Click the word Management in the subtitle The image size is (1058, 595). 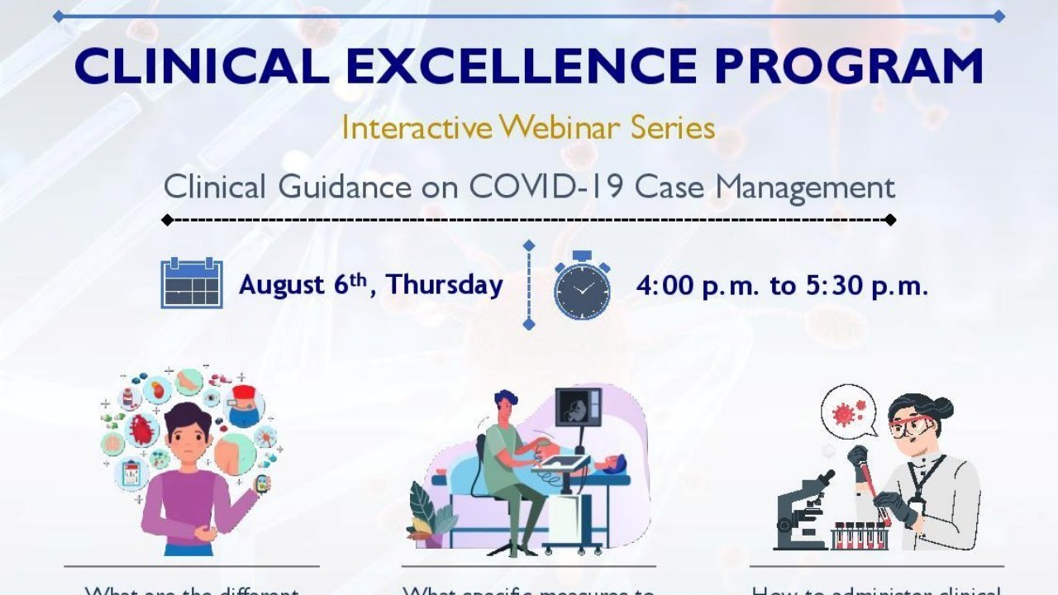pyautogui.click(x=805, y=187)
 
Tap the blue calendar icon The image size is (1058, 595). pyautogui.click(x=192, y=283)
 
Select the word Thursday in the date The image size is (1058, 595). pyautogui.click(x=445, y=285)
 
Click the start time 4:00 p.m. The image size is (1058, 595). pyautogui.click(x=697, y=286)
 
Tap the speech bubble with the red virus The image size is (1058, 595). pyautogui.click(x=848, y=411)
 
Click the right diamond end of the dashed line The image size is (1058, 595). pyautogui.click(x=890, y=220)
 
